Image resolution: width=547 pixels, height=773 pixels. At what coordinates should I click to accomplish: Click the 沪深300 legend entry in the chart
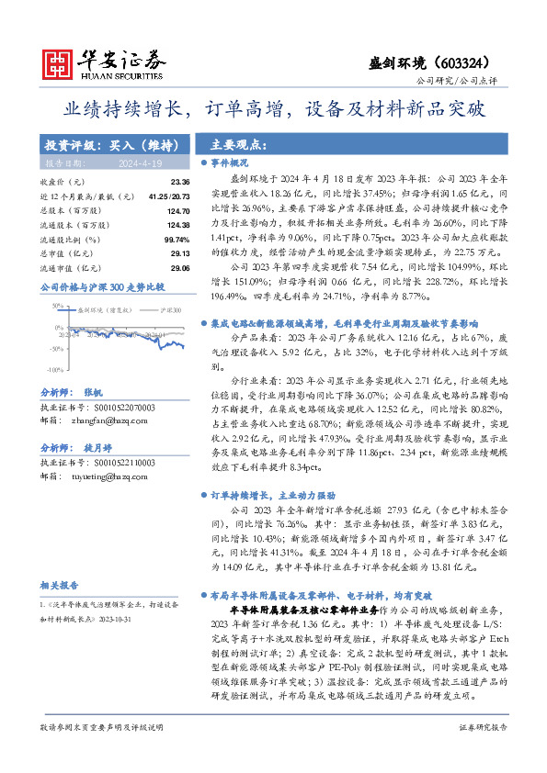pos(166,311)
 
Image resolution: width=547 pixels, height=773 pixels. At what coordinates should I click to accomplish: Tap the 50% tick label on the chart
pos(57,304)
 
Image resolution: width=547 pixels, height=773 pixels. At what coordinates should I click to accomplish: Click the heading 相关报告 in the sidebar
pos(60,585)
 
